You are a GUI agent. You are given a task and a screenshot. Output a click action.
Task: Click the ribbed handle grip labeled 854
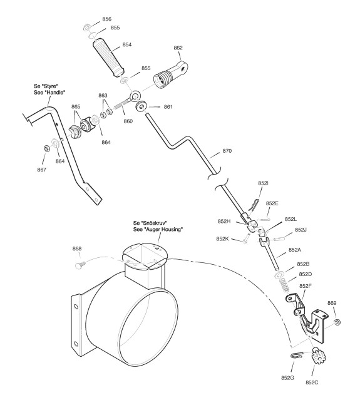(108, 58)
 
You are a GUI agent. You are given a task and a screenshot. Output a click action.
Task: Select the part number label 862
(178, 48)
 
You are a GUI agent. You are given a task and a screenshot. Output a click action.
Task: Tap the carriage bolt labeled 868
(80, 265)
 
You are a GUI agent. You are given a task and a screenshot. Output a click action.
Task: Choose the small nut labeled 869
(337, 322)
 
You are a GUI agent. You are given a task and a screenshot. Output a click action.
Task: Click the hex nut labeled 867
(47, 148)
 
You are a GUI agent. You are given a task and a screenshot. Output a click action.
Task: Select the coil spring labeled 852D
(284, 285)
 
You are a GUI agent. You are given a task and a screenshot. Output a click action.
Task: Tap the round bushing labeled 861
(141, 106)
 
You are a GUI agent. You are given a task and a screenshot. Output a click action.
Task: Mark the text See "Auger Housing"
(158, 229)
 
